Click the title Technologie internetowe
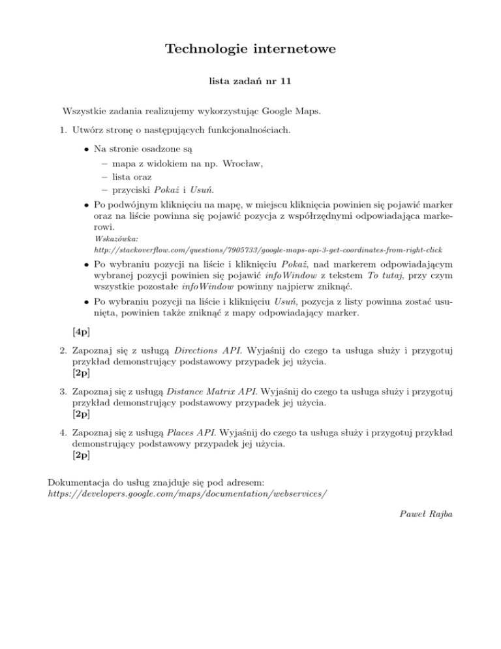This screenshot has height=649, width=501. click(250, 49)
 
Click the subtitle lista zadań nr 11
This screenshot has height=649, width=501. click(250, 83)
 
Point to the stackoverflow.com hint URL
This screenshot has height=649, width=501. click(264, 250)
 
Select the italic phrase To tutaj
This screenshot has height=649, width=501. click(387, 279)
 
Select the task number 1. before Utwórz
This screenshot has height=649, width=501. click(63, 130)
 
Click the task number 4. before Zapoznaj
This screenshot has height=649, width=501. click(63, 433)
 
